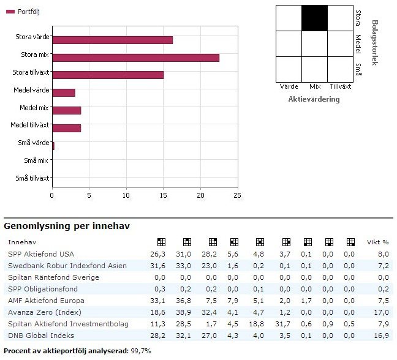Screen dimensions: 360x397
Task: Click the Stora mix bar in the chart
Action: coord(135,57)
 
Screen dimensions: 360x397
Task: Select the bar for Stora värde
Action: coord(112,40)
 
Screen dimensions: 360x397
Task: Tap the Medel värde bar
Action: coord(64,92)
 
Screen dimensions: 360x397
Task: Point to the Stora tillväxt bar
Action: coord(108,75)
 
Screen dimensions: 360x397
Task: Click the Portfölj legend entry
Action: coord(24,12)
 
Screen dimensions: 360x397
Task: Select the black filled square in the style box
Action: coord(315,17)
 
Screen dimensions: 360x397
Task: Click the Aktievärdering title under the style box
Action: coord(314,99)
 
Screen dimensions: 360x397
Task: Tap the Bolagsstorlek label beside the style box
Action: coord(375,43)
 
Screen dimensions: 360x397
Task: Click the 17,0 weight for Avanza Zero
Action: coord(383,312)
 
